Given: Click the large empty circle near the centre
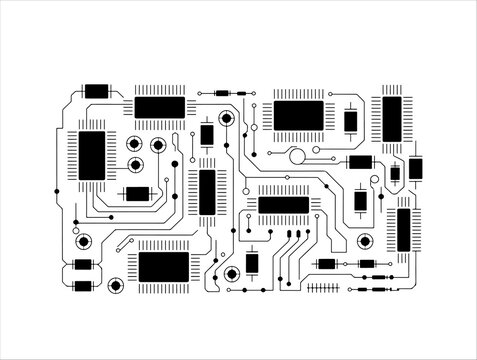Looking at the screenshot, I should pyautogui.click(x=296, y=155).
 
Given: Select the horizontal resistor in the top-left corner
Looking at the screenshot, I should pyautogui.click(x=96, y=91).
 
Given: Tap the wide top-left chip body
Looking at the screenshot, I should pyautogui.click(x=159, y=107).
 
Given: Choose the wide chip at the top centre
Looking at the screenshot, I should pyautogui.click(x=298, y=116).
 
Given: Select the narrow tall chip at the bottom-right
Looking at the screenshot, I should pyautogui.click(x=404, y=230).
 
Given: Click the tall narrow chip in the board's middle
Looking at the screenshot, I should pyautogui.click(x=208, y=191).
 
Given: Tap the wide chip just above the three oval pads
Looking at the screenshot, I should pyautogui.click(x=284, y=205).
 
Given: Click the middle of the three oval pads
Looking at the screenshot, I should pyautogui.click(x=297, y=234).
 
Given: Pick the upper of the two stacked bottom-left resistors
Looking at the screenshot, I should pyautogui.click(x=83, y=265).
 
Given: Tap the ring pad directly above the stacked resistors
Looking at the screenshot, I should pyautogui.click(x=82, y=240).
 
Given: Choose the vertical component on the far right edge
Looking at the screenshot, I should pyautogui.click(x=416, y=168).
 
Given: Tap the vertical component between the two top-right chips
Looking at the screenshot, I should pyautogui.click(x=351, y=121).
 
